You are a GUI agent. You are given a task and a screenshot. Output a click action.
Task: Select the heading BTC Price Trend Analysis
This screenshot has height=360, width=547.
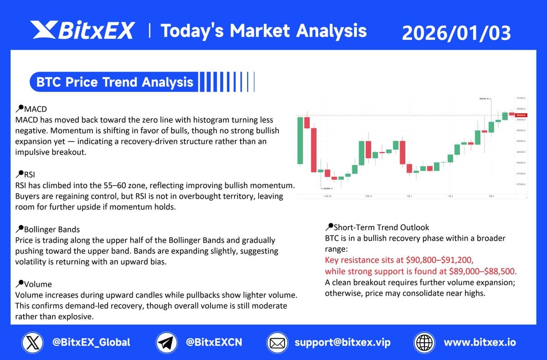coord(114,82)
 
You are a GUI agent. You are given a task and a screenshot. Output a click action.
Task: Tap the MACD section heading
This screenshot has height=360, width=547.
coord(35,109)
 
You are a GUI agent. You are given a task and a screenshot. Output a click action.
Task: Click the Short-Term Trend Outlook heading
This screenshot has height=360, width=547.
coord(381,227)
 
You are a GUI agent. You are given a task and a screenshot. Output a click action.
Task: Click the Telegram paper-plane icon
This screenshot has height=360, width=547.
coord(167,342)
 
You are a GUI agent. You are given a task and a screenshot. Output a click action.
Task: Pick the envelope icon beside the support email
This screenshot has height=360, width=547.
coord(277,342)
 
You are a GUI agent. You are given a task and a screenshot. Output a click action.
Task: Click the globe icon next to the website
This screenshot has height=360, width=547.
coord(423,342)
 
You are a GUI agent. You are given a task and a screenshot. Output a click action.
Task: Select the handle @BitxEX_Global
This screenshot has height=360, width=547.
coord(91,342)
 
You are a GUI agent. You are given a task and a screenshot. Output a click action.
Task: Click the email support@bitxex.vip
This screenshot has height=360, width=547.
coord(342,342)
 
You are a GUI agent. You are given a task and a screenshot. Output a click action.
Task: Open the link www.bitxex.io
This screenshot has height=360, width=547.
coord(480,342)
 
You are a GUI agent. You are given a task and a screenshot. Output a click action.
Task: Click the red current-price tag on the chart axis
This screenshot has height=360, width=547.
coord(521,115)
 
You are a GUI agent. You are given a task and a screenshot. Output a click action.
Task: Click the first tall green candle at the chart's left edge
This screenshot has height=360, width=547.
coord(300,140)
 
